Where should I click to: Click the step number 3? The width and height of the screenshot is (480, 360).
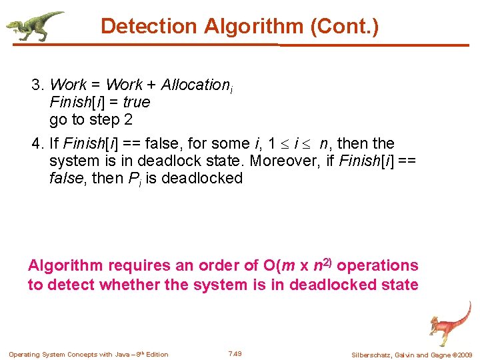[x=36, y=85]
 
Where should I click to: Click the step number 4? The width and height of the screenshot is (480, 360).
[x=36, y=144]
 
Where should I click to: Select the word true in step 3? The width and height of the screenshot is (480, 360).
[x=137, y=103]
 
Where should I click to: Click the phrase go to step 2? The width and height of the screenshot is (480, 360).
[x=91, y=120]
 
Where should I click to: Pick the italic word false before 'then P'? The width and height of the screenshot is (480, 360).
[x=67, y=179]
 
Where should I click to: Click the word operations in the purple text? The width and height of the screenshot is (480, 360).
[x=379, y=265]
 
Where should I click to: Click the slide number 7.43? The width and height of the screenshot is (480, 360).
[x=235, y=353]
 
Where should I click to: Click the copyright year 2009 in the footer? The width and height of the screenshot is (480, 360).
[x=463, y=355]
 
